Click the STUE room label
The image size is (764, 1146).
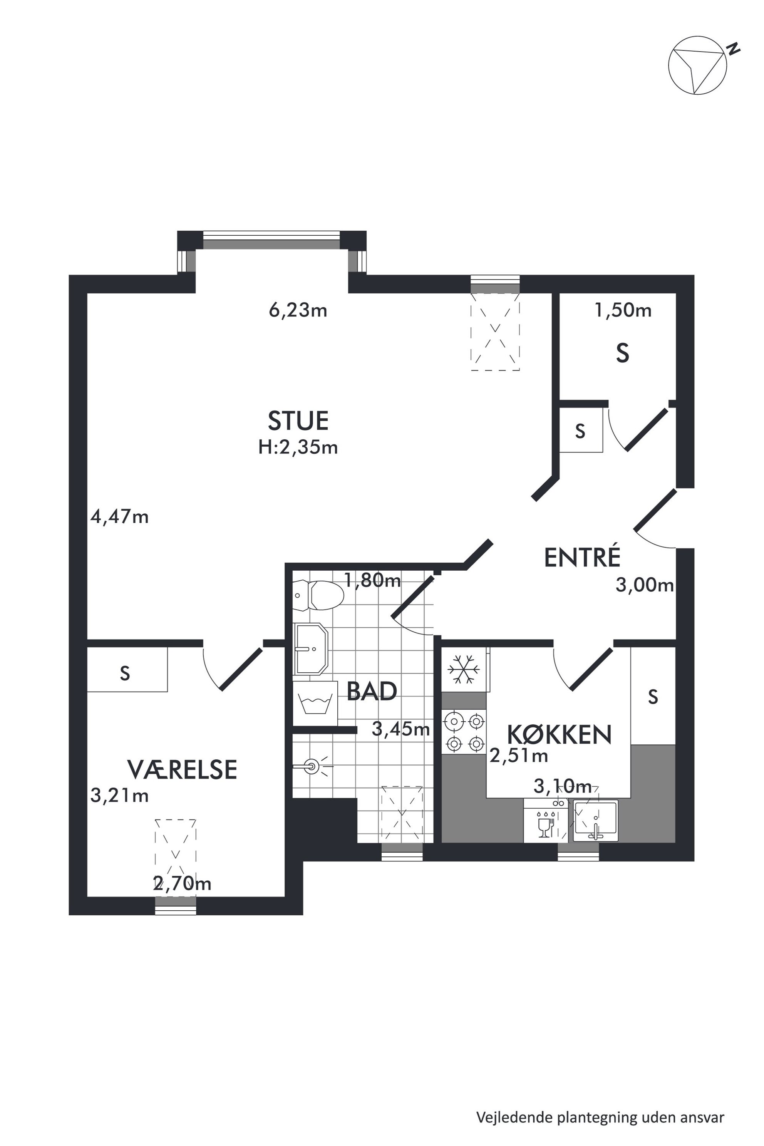(298, 421)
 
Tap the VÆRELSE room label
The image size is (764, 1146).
(182, 769)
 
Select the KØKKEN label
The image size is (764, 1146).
(560, 734)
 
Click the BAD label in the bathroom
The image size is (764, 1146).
(372, 691)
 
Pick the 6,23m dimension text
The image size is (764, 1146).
(298, 310)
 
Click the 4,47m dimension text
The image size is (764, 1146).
(119, 516)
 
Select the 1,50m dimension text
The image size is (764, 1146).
(623, 310)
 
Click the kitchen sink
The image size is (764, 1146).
(595, 821)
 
